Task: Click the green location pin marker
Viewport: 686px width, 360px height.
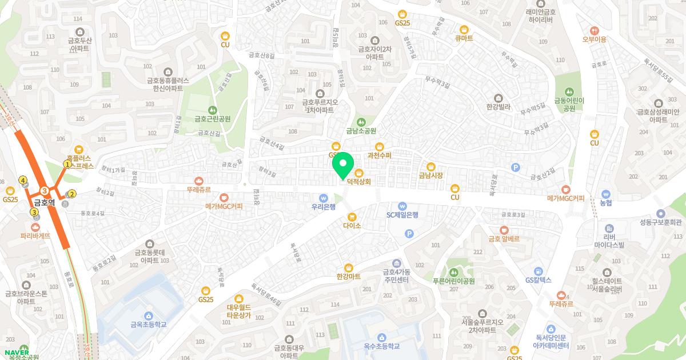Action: coord(342,166)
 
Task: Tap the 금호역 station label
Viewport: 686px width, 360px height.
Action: coord(44,202)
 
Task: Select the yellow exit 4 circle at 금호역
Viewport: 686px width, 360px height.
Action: coord(23,180)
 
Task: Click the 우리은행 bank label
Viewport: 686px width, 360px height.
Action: coord(324,206)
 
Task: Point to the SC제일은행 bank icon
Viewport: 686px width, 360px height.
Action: coord(402,206)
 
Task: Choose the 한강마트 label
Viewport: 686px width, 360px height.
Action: coord(349,276)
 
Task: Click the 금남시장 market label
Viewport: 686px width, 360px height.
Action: coord(431,175)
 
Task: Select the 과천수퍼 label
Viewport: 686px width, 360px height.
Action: coord(379,155)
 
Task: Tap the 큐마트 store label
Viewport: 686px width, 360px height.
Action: coord(464,38)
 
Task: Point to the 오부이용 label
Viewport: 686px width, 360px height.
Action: coord(594,39)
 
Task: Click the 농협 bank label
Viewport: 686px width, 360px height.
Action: coord(605,202)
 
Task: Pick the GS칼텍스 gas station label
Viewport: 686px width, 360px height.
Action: coord(538,280)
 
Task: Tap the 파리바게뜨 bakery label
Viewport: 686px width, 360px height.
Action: coord(36,235)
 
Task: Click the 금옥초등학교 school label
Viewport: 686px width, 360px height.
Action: coord(148,324)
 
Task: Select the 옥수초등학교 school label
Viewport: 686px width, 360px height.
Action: coord(381,346)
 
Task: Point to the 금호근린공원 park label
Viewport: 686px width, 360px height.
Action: coord(212,119)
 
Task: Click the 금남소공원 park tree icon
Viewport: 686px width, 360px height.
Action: coord(361,121)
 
